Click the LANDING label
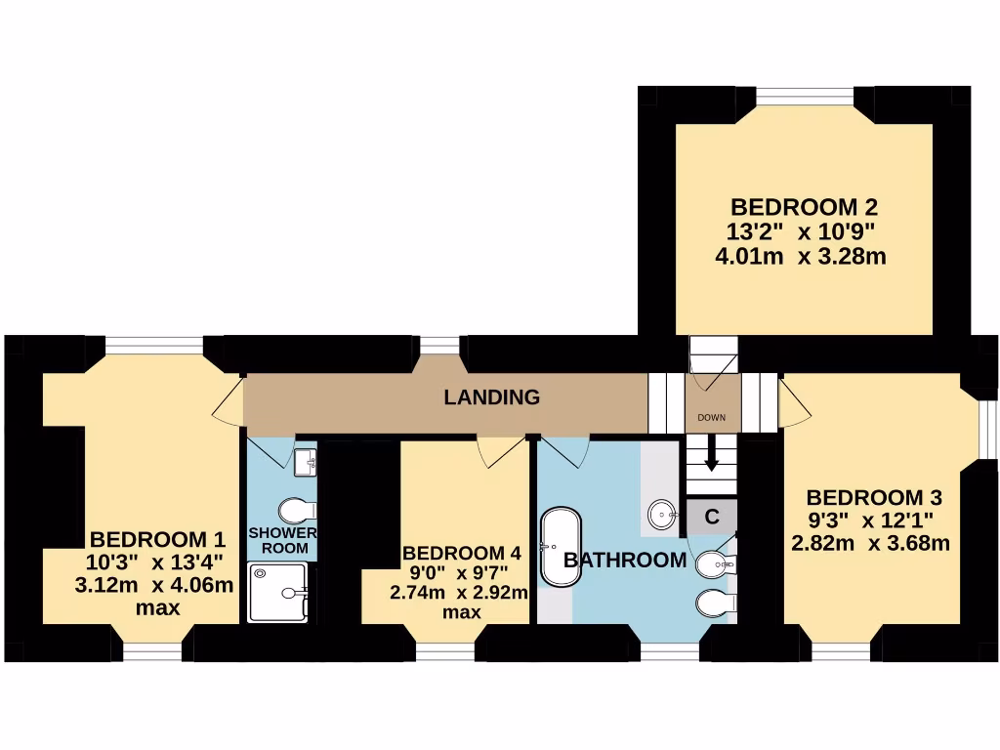pyautogui.click(x=491, y=397)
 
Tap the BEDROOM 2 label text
pyautogui.click(x=804, y=208)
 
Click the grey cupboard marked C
pyautogui.click(x=712, y=517)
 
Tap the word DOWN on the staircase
pyautogui.click(x=712, y=418)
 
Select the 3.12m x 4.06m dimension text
pyautogui.click(x=154, y=586)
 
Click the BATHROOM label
pyautogui.click(x=625, y=561)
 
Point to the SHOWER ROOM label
pyautogui.click(x=283, y=540)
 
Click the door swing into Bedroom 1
pyautogui.click(x=229, y=402)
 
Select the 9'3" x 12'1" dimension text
pyautogui.click(x=870, y=520)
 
